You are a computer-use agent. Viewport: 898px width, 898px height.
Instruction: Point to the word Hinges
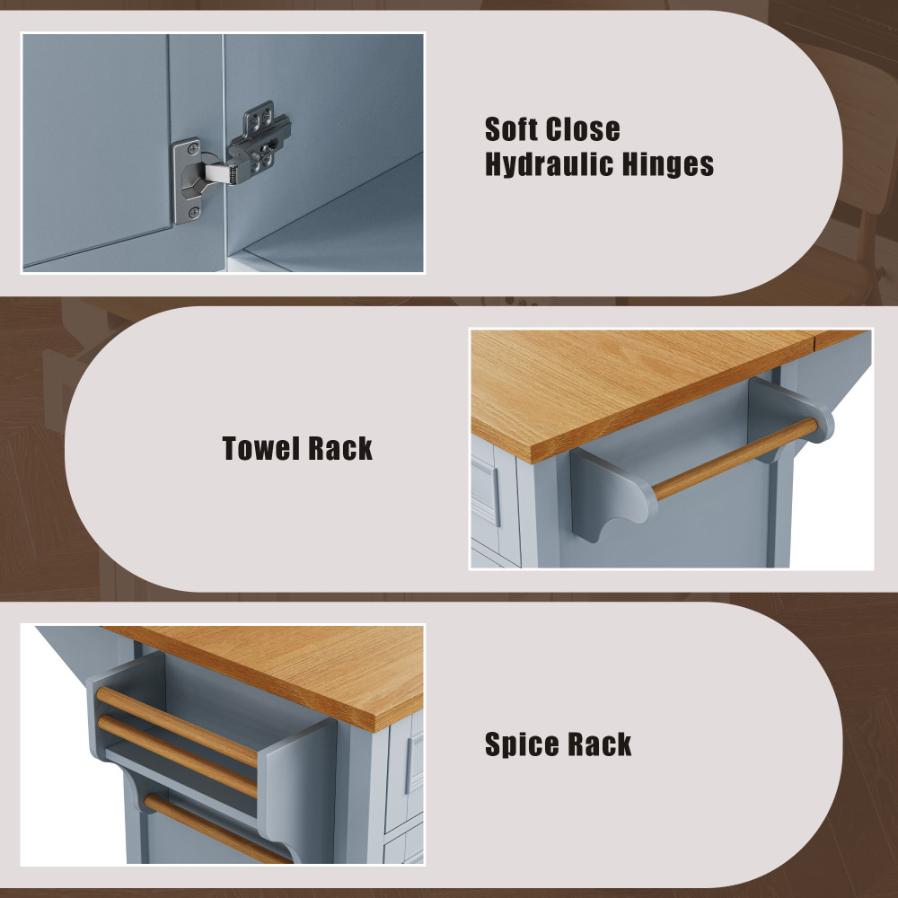(x=668, y=164)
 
